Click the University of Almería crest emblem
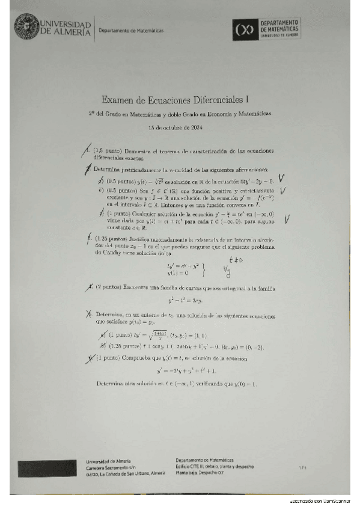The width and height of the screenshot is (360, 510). tap(25, 27)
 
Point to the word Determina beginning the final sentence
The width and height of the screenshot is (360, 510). tap(112, 384)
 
